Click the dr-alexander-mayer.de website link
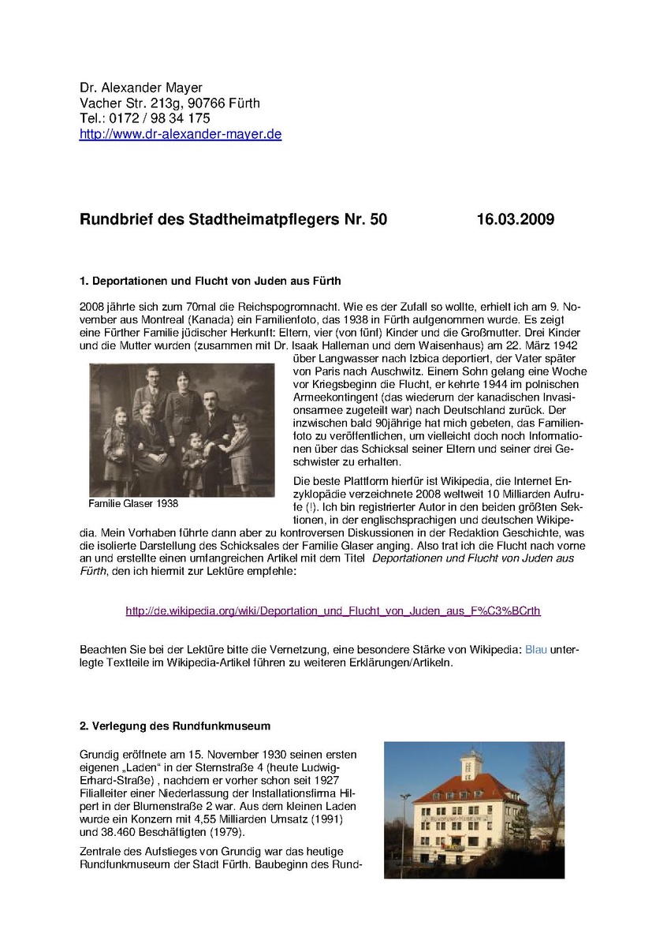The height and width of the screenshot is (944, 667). (x=181, y=134)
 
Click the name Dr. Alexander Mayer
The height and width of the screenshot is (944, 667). (x=142, y=88)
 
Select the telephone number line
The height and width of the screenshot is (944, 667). (x=144, y=118)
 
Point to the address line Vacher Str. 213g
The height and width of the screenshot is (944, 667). (x=170, y=103)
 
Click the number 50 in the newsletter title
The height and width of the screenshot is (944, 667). (x=378, y=219)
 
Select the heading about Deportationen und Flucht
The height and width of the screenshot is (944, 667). (x=210, y=281)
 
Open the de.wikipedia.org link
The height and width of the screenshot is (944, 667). (x=333, y=610)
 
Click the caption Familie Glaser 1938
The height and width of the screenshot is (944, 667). (x=133, y=503)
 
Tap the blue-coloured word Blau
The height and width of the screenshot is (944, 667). (x=535, y=649)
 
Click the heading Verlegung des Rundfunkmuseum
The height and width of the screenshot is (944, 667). (x=175, y=726)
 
